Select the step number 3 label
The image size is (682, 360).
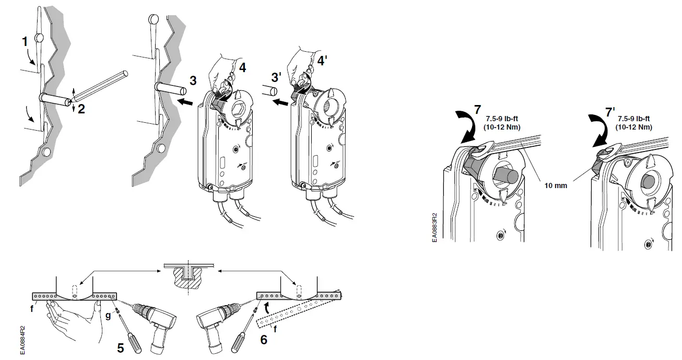[x=193, y=81]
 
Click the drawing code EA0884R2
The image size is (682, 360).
[x=21, y=340]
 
